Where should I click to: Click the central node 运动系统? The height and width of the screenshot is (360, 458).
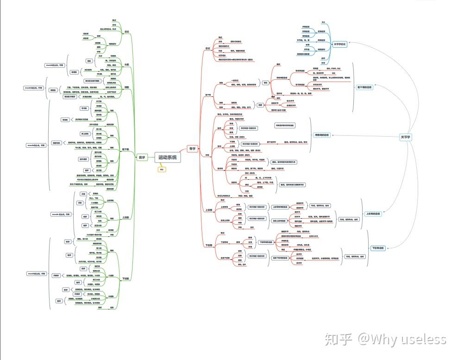tap(167, 158)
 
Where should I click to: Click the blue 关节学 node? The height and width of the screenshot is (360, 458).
tap(406, 137)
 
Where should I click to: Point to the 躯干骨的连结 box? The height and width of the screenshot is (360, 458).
tap(364, 87)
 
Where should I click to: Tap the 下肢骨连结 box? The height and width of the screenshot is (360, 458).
tap(378, 248)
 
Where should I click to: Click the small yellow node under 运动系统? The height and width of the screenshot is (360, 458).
tap(162, 170)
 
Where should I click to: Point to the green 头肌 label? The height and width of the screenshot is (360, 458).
tap(126, 64)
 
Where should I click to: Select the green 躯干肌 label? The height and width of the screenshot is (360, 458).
tap(125, 149)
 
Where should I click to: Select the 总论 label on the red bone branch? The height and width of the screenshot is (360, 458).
tap(207, 48)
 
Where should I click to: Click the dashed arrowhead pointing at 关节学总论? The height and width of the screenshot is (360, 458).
tap(353, 45)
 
